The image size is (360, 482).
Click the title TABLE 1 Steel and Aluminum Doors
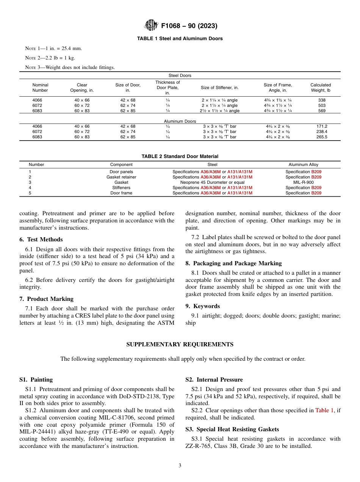pos(180,39)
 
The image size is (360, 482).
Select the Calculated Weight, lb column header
pos(320,88)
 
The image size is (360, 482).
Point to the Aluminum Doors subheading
pos(180,121)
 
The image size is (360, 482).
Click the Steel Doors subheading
pos(180,75)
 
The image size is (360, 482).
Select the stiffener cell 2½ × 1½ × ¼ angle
pos(220,111)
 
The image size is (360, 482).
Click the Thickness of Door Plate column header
pos(167,88)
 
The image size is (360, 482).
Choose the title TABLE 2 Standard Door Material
pos(180,156)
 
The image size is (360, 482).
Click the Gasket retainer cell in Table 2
pos(121,177)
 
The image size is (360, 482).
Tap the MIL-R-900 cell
pos(303,182)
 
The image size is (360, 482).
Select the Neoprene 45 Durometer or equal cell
pos(212,182)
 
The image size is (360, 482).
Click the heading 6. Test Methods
pos(41,239)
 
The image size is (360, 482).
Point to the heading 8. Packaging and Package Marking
pos(233,263)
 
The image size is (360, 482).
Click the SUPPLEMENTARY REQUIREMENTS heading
pos(180,344)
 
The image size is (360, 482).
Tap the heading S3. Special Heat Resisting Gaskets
pos(232,429)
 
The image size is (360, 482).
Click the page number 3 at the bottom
pos(180,466)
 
